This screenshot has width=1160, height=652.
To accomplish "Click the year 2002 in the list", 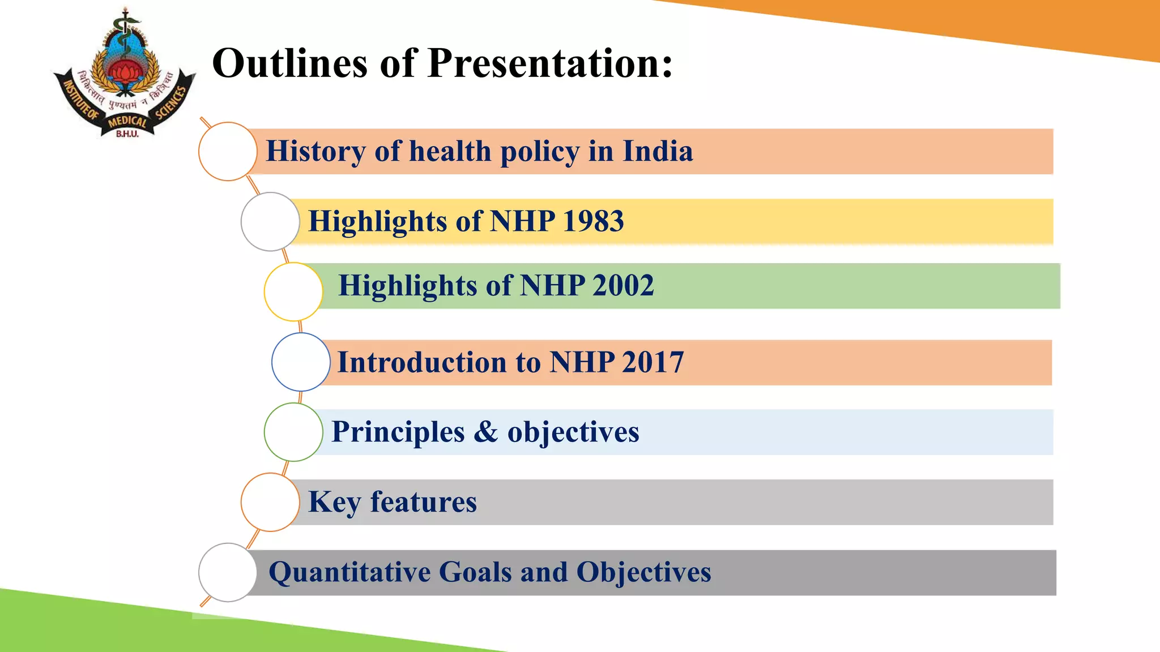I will click(623, 285).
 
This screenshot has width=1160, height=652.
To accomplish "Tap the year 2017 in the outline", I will click(652, 362).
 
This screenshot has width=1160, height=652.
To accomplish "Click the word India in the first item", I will click(658, 151).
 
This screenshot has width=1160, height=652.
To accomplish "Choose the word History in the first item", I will click(315, 151).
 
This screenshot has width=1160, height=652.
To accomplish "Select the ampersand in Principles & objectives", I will click(485, 432).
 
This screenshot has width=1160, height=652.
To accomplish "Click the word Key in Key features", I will click(334, 502).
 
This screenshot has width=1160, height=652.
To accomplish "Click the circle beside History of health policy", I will click(228, 152).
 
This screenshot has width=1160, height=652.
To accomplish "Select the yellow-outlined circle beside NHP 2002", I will click(293, 292).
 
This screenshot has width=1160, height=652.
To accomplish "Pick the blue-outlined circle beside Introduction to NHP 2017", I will click(301, 362).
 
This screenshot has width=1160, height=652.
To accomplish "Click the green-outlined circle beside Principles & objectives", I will click(293, 432).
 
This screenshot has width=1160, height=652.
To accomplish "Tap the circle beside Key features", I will click(270, 503).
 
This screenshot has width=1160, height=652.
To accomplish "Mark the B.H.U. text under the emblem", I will click(127, 134).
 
